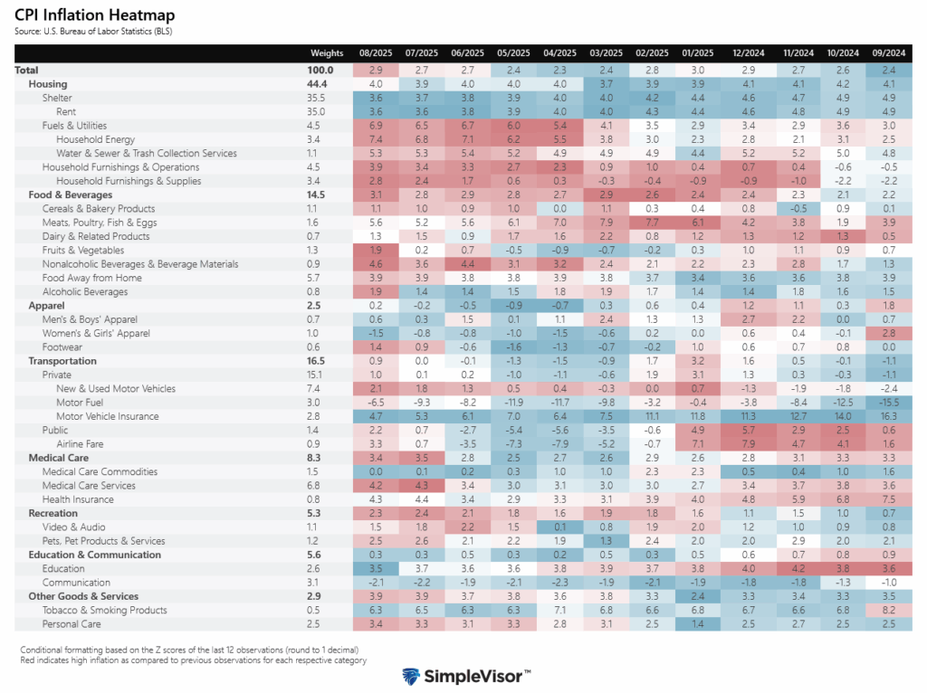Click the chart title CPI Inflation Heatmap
point(94,15)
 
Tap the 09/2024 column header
point(890,53)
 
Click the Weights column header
point(327,53)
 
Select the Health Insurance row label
point(80,499)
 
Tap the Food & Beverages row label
point(70,195)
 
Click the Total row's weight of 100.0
point(320,70)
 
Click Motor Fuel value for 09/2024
point(890,403)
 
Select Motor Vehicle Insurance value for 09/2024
point(890,416)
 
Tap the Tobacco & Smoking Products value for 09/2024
point(890,611)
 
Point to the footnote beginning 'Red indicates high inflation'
point(193,661)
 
